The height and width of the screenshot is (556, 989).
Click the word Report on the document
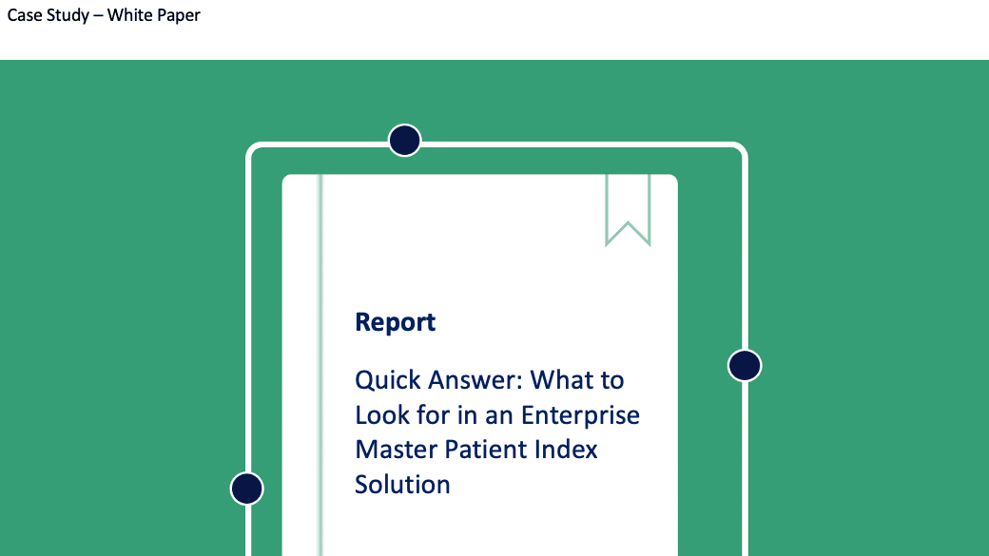click(395, 322)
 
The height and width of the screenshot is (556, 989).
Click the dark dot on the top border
click(404, 140)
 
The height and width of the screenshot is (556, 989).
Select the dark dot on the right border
click(745, 366)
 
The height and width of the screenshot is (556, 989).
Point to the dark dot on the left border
click(246, 489)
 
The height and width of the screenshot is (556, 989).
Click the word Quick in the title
click(387, 381)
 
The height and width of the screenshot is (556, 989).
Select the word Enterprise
click(580, 415)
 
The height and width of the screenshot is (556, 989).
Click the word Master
click(397, 450)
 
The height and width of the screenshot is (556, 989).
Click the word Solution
click(402, 485)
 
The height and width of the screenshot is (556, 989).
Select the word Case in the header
click(25, 15)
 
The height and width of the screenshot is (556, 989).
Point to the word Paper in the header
click(179, 16)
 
